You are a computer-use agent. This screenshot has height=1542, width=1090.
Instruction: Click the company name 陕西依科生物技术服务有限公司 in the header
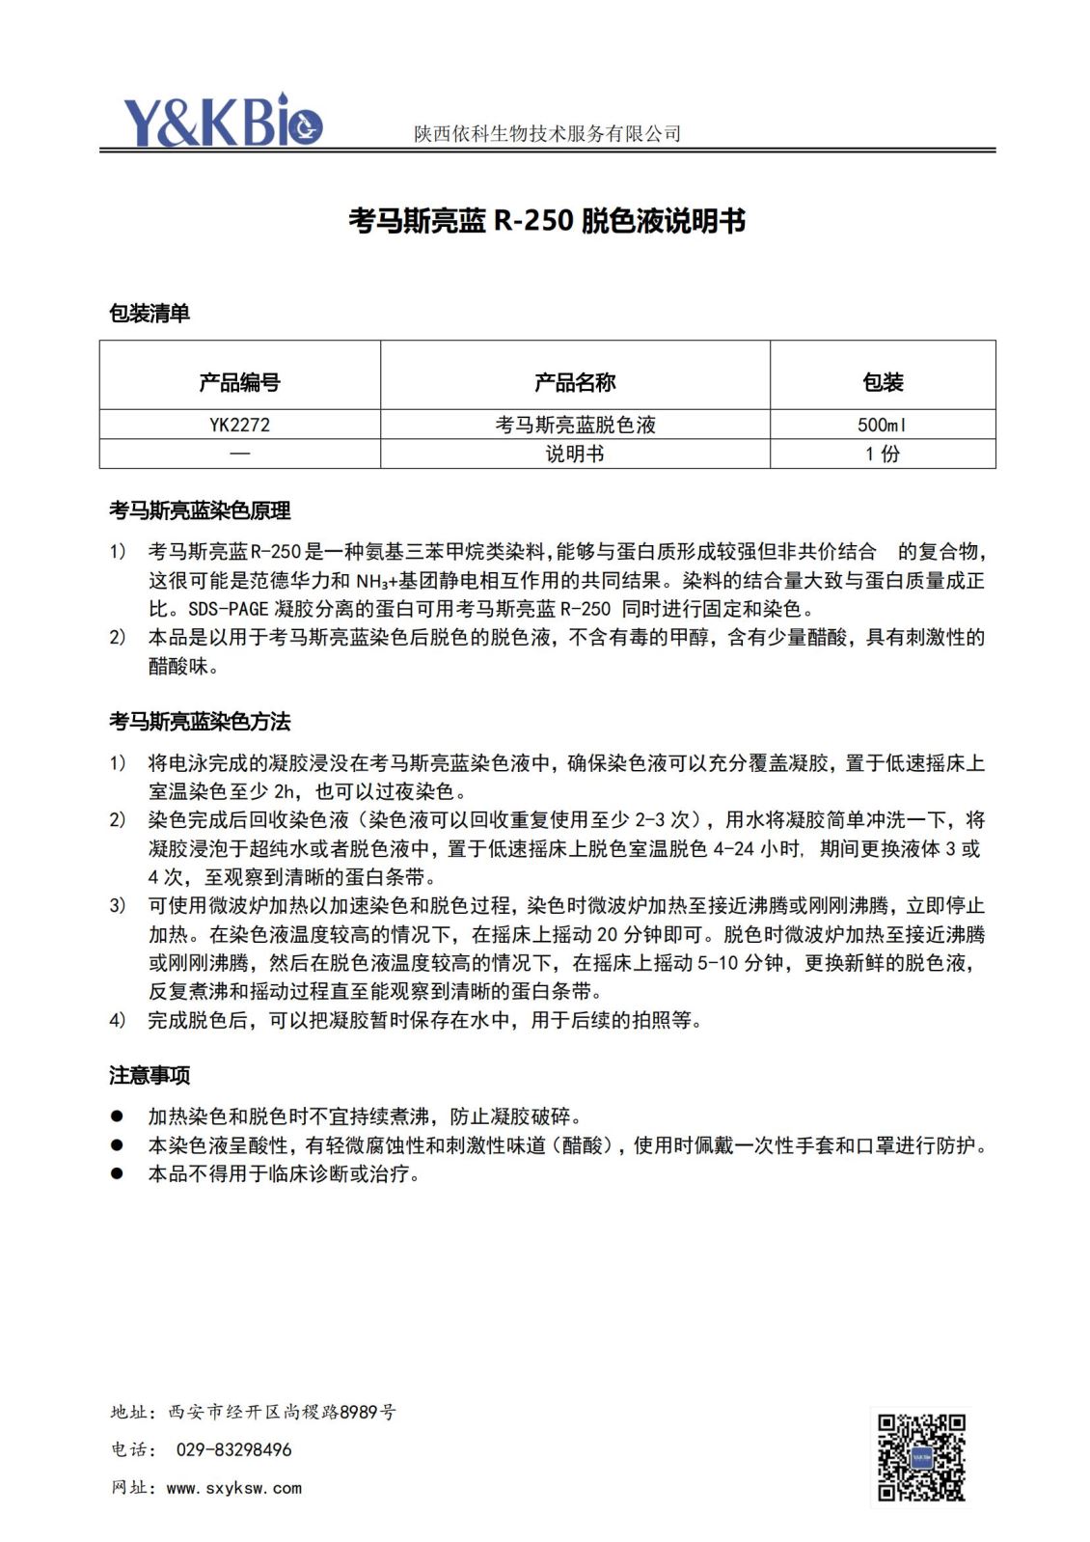[547, 134]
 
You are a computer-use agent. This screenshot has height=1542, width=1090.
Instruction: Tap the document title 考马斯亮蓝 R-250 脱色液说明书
[547, 221]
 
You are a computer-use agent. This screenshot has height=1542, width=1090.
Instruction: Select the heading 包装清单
[150, 313]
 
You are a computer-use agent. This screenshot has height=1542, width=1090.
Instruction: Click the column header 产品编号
[239, 382]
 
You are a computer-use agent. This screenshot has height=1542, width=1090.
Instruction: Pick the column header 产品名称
[575, 382]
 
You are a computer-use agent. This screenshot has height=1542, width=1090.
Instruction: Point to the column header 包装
[883, 382]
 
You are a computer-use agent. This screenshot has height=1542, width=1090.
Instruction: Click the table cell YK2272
[239, 425]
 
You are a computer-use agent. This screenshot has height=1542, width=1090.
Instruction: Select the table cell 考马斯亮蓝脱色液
[575, 425]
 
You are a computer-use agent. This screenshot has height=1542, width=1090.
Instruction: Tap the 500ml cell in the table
[883, 425]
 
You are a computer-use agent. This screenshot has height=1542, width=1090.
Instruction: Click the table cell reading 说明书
[575, 454]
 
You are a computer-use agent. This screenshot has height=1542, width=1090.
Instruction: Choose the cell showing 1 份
[883, 454]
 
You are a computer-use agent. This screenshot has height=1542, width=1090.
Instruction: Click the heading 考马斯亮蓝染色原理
[200, 510]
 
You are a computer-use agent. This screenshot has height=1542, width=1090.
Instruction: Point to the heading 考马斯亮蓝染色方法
[200, 721]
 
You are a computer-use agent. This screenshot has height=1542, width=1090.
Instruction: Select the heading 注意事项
[150, 1075]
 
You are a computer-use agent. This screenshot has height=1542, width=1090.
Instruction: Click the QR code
[920, 1457]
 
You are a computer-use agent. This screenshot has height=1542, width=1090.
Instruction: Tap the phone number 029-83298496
[233, 1449]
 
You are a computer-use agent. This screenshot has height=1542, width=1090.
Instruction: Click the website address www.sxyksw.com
[234, 1488]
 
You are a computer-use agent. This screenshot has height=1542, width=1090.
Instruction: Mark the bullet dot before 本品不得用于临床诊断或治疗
[117, 1173]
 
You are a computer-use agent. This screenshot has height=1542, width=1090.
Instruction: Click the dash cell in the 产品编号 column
[239, 454]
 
